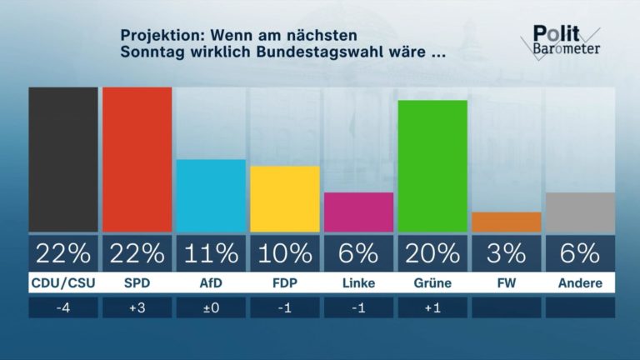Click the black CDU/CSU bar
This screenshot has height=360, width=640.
click(62, 159)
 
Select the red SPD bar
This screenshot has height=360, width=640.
click(137, 159)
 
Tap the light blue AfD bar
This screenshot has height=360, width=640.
click(211, 196)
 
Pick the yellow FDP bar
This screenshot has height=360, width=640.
click(284, 199)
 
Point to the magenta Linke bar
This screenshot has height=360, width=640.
click(358, 212)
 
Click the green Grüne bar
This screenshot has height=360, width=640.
click(432, 166)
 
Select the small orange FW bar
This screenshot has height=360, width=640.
click(506, 222)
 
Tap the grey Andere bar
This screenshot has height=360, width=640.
click(580, 212)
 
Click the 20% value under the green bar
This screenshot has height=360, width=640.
click(432, 252)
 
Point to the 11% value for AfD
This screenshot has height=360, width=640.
click(211, 252)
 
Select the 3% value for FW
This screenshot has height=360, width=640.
click(506, 252)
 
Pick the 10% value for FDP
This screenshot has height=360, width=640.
click(284, 252)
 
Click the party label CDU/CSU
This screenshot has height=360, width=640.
click(62, 283)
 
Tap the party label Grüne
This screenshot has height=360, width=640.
click(432, 283)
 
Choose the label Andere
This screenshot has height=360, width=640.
click(580, 283)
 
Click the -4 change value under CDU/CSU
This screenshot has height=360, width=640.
click(62, 307)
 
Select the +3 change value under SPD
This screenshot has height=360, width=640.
click(137, 307)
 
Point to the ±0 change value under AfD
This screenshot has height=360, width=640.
click(211, 307)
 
